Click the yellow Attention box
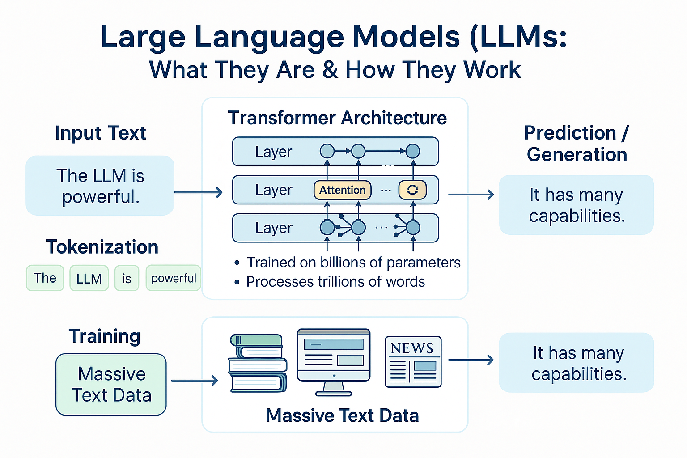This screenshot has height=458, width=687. click(x=342, y=190)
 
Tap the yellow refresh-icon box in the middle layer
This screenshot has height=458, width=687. click(x=412, y=190)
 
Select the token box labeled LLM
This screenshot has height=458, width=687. click(x=89, y=278)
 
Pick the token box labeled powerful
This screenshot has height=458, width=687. click(x=174, y=278)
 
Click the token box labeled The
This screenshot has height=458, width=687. click(x=45, y=278)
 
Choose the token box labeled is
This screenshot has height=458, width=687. click(x=127, y=278)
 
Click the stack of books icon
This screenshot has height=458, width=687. click(x=258, y=363)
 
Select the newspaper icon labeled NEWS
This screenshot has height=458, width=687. click(x=413, y=362)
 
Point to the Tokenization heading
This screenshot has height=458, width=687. click(x=102, y=247)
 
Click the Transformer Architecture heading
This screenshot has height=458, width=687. click(x=337, y=118)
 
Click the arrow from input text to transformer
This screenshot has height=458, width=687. click(x=198, y=192)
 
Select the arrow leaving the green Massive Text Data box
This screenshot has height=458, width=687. click(x=195, y=381)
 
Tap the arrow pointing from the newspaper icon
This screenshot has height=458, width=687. click(x=471, y=360)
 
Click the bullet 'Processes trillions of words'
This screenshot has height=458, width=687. click(x=335, y=282)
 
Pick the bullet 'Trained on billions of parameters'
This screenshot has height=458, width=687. click(x=353, y=263)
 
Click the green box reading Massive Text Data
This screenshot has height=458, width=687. click(x=111, y=385)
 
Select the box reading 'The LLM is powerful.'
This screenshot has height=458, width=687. click(x=100, y=186)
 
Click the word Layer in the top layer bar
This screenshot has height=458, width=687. click(x=273, y=152)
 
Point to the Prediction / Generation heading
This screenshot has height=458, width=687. click(x=577, y=144)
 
